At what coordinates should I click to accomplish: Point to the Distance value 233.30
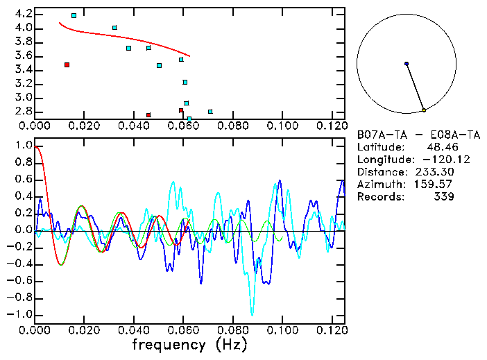[x=435, y=172]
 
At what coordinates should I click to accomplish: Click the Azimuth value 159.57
[x=435, y=185]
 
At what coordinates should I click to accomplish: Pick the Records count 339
[x=443, y=197]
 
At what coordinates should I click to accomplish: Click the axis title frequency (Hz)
[x=189, y=344]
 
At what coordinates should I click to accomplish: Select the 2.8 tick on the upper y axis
[x=22, y=111]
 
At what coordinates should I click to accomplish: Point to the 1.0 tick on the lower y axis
[x=22, y=146]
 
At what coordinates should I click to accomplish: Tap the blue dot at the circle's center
[x=407, y=64]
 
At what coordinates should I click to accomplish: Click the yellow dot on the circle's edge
[x=424, y=110]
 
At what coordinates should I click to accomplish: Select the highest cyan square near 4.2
[x=74, y=15]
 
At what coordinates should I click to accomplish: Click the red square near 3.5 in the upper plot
[x=67, y=65]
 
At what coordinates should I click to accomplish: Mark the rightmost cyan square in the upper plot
[x=210, y=111]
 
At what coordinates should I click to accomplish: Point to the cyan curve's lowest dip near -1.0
[x=253, y=314]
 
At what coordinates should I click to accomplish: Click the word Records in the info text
[x=379, y=197]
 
